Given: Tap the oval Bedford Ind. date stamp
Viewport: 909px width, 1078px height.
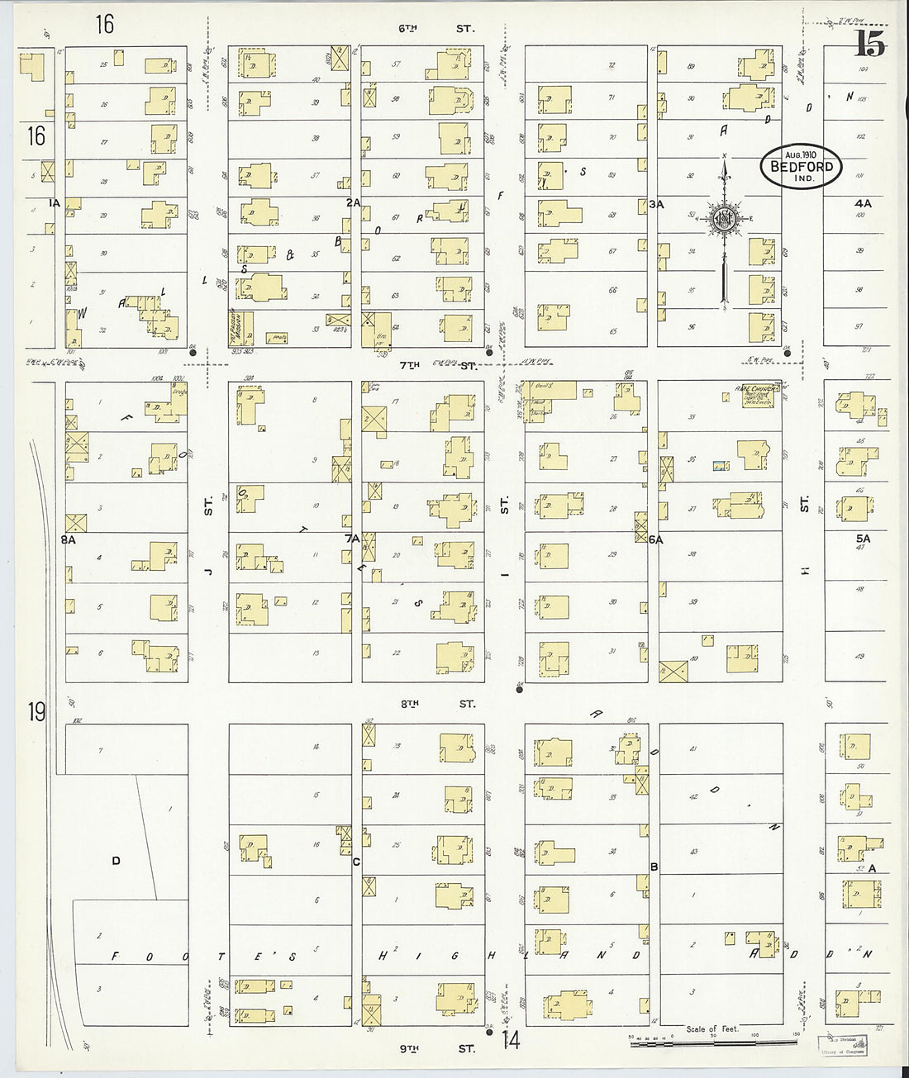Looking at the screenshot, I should [x=801, y=168].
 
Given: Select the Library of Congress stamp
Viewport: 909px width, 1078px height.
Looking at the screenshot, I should [x=839, y=1047].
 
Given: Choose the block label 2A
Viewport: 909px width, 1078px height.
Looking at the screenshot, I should [x=354, y=202].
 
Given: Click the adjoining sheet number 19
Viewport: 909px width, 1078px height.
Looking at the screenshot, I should [x=35, y=711].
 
